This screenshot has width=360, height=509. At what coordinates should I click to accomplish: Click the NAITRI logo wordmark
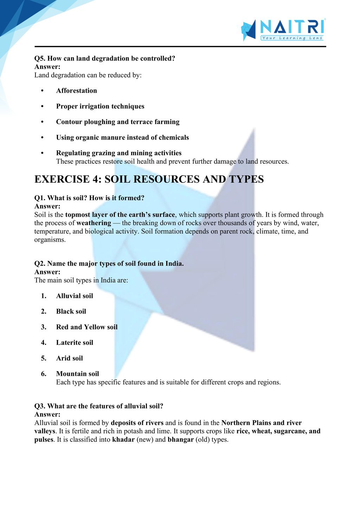pyautogui.click(x=291, y=27)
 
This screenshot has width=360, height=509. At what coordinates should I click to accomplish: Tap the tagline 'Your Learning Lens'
pyautogui.click(x=292, y=38)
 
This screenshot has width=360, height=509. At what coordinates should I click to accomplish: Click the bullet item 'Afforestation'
pyautogui.click(x=76, y=91)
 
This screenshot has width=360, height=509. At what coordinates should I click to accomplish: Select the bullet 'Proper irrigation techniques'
pyautogui.click(x=100, y=106)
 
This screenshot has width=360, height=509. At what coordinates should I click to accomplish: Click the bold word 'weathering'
pyautogui.click(x=94, y=223)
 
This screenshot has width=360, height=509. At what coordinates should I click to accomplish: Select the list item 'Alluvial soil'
pyautogui.click(x=75, y=296)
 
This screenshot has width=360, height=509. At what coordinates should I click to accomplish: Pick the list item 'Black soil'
pyautogui.click(x=71, y=311)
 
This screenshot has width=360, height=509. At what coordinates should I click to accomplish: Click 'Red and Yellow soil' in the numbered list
pyautogui.click(x=87, y=327)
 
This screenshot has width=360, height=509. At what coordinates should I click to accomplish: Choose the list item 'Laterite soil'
pyautogui.click(x=75, y=342)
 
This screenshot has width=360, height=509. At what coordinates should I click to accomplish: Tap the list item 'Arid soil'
pyautogui.click(x=70, y=358)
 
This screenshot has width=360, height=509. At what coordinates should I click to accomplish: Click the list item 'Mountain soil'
pyautogui.click(x=77, y=374)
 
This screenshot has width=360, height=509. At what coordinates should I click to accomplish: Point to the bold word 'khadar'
pyautogui.click(x=123, y=440)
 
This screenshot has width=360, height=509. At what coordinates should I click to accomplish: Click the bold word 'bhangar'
pyautogui.click(x=180, y=440)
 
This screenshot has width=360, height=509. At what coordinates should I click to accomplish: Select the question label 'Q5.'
pyautogui.click(x=40, y=58)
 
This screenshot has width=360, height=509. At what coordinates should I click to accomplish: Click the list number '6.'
pyautogui.click(x=44, y=374)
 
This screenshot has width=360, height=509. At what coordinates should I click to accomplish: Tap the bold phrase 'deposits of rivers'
pyautogui.click(x=137, y=423)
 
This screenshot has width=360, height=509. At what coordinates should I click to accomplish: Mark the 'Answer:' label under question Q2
pyautogui.click(x=47, y=272)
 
